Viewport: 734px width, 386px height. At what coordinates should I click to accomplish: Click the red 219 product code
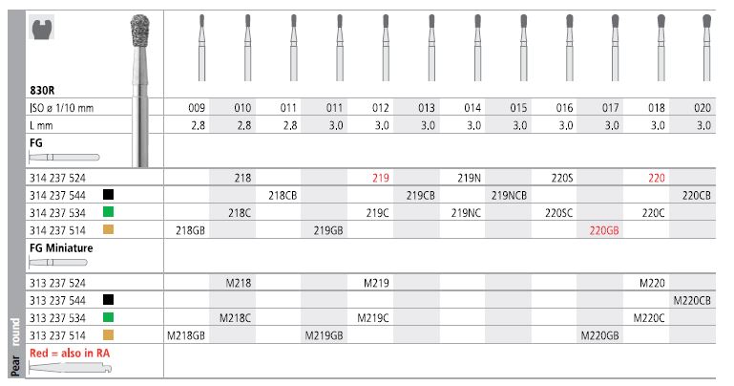pos(381,178)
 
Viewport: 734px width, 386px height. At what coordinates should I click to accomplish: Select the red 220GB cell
pos(604,230)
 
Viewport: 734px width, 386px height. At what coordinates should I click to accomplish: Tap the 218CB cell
pos(283,195)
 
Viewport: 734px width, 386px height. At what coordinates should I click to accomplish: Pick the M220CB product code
pos(692,301)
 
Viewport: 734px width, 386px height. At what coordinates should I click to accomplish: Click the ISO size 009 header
pos(197,108)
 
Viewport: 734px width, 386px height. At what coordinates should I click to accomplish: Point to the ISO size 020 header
pos(703,108)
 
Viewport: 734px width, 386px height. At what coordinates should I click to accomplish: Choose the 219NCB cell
pos(509,195)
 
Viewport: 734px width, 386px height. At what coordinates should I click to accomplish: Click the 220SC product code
pos(558,213)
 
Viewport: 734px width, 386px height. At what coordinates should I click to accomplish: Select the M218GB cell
pos(186,336)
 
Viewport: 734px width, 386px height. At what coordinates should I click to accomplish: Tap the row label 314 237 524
pos(57,178)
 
